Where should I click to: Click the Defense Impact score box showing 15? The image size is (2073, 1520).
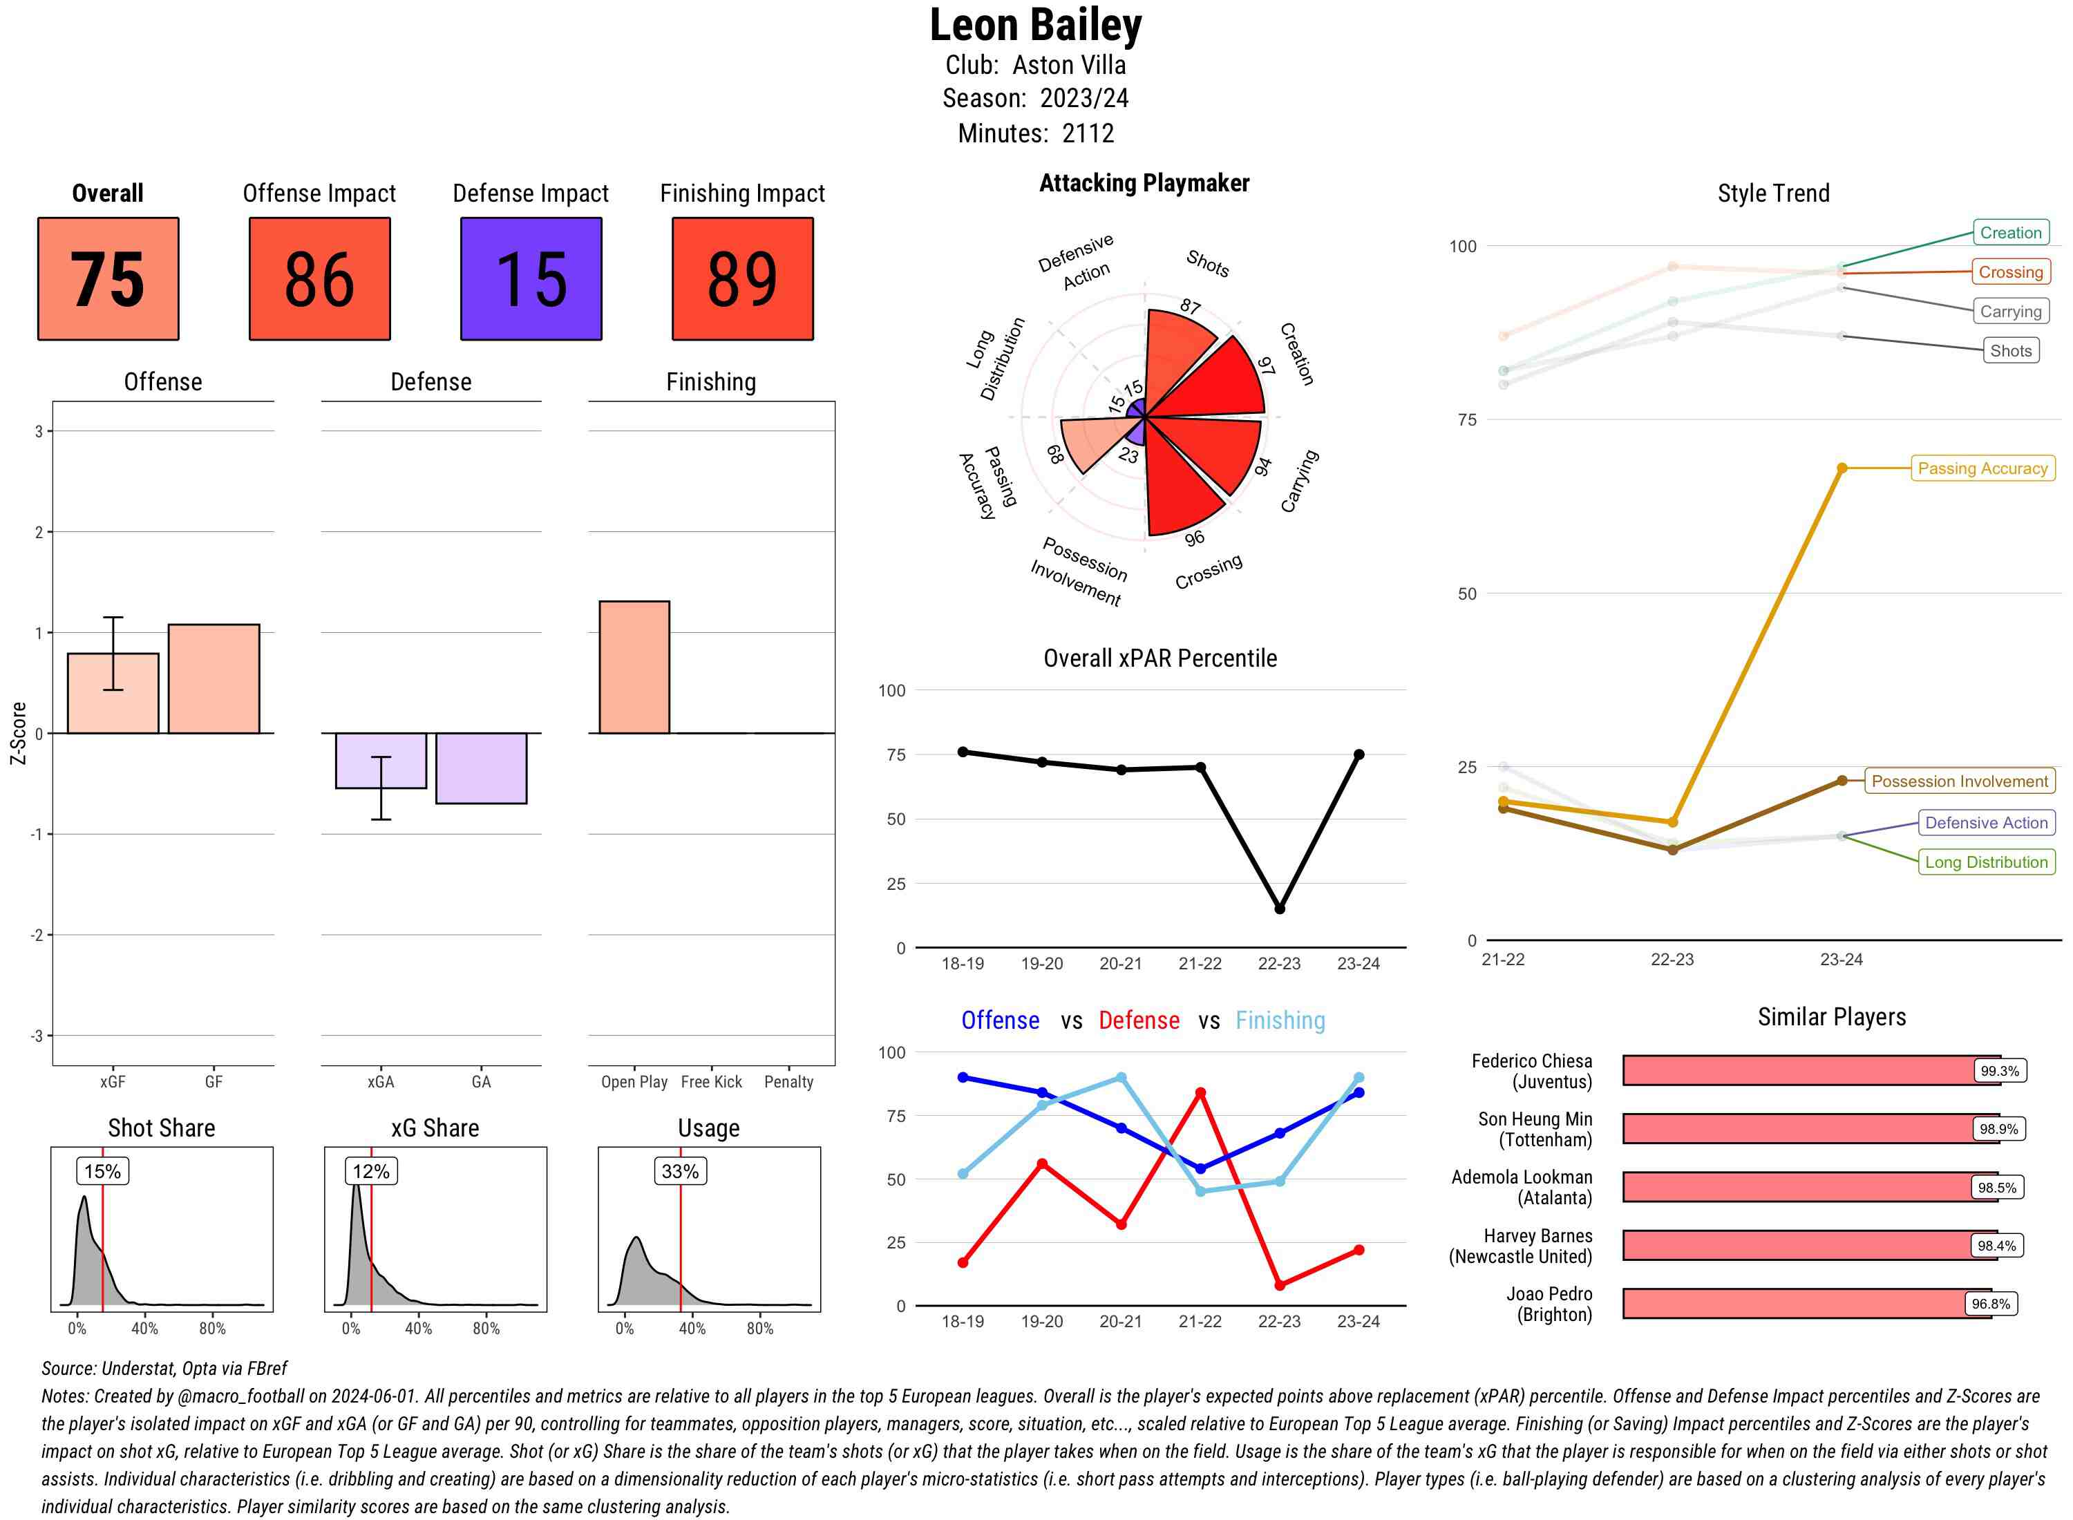pyautogui.click(x=531, y=279)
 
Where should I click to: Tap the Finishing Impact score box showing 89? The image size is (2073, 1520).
pyautogui.click(x=743, y=279)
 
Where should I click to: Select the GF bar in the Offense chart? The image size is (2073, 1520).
pyautogui.click(x=214, y=679)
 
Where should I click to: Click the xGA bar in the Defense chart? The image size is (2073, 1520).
pyautogui.click(x=381, y=760)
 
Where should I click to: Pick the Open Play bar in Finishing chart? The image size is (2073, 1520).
pyautogui.click(x=634, y=667)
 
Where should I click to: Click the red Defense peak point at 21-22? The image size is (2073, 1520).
pyautogui.click(x=1200, y=1093)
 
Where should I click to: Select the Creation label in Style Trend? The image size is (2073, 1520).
pyautogui.click(x=2010, y=233)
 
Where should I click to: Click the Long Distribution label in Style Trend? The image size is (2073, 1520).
pyautogui.click(x=1987, y=862)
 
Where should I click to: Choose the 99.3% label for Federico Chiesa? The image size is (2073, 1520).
pyautogui.click(x=1999, y=1071)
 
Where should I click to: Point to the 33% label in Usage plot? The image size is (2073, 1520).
pyautogui.click(x=680, y=1171)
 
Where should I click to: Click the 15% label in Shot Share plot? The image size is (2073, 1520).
pyautogui.click(x=102, y=1171)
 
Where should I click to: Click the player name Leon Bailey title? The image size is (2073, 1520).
pyautogui.click(x=1035, y=25)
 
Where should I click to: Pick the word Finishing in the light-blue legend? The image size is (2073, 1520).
pyautogui.click(x=1280, y=1020)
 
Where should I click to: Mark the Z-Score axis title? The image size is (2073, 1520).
pyautogui.click(x=17, y=733)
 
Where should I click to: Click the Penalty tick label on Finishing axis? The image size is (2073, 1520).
pyautogui.click(x=788, y=1082)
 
